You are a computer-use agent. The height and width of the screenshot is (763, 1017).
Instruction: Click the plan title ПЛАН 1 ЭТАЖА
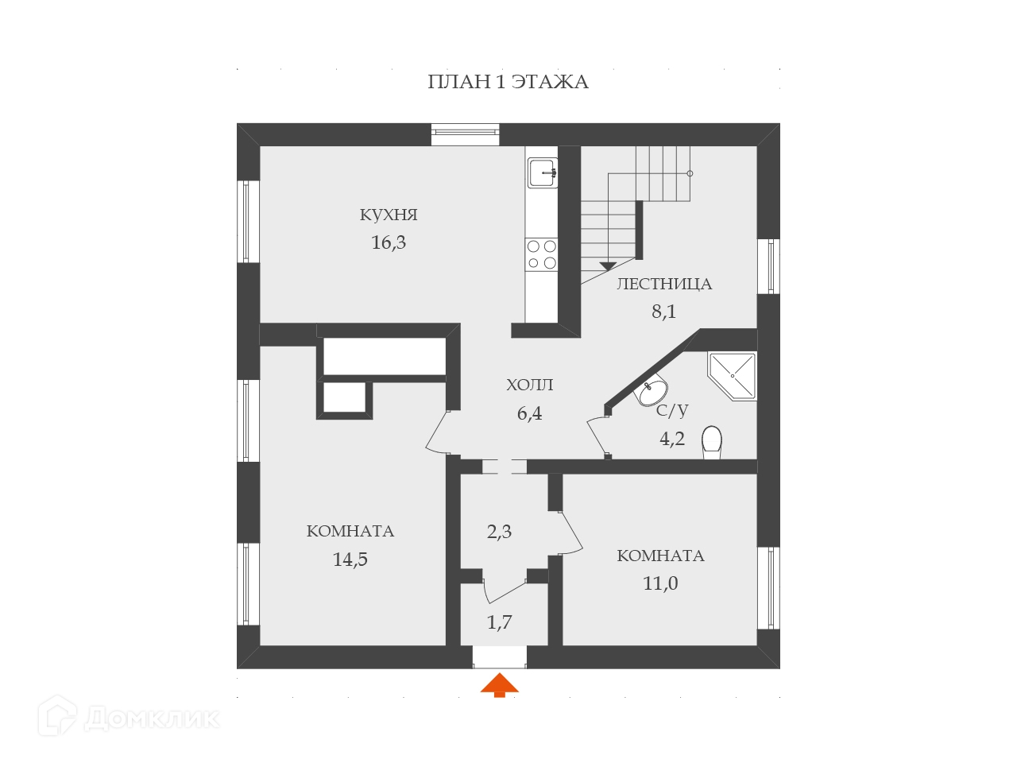[508, 82]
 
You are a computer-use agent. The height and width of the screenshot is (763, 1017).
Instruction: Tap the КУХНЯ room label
[389, 215]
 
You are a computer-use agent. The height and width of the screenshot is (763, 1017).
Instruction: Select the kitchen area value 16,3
[389, 242]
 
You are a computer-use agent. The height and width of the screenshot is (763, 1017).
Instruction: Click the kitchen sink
[542, 171]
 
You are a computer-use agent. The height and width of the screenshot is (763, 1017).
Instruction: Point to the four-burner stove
[541, 254]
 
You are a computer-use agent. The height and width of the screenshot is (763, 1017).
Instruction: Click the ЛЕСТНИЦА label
[664, 284]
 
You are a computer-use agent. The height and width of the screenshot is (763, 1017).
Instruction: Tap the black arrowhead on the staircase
[609, 265]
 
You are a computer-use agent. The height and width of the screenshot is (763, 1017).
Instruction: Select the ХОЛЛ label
[530, 385]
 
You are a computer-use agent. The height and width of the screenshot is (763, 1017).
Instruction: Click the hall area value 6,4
[530, 413]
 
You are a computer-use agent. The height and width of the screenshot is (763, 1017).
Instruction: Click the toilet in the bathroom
[712, 442]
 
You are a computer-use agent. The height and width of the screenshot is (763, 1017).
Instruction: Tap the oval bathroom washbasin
[653, 391]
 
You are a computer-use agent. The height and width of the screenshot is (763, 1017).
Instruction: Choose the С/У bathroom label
[672, 410]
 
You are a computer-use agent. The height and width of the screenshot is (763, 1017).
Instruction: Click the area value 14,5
[350, 560]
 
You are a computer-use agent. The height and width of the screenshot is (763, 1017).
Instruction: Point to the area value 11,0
[660, 583]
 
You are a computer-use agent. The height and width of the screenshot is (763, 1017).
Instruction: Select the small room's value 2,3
[499, 532]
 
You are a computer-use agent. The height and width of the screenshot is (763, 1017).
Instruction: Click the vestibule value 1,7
[499, 622]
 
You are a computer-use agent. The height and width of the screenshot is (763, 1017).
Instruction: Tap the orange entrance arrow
[499, 684]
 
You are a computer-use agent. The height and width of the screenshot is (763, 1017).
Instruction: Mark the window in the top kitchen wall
[465, 134]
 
